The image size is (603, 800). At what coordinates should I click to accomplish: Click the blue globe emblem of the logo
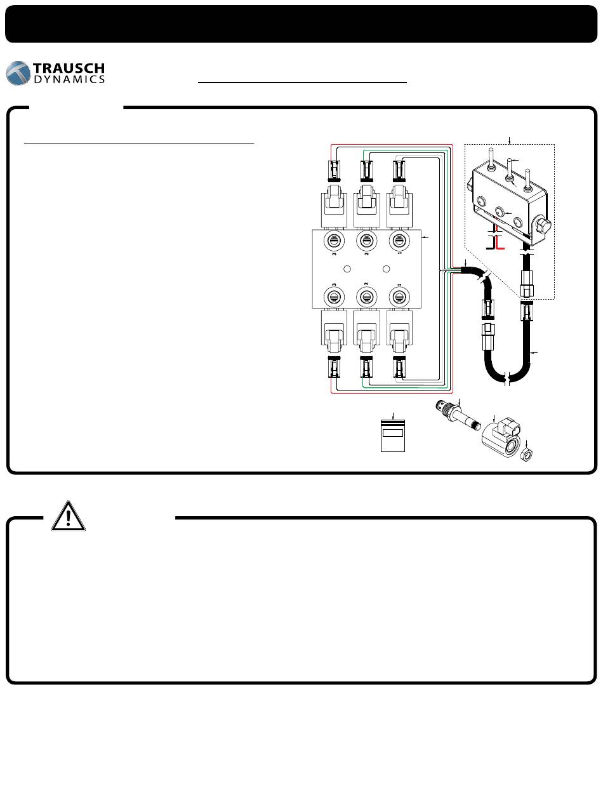coord(19,73)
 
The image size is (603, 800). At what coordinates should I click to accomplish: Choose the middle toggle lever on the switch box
coord(508,167)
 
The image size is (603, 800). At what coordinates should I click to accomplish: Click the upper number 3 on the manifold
coord(333,255)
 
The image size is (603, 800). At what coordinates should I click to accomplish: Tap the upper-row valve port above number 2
coord(364,241)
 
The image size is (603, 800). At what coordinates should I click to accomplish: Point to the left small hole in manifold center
coord(347,269)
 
